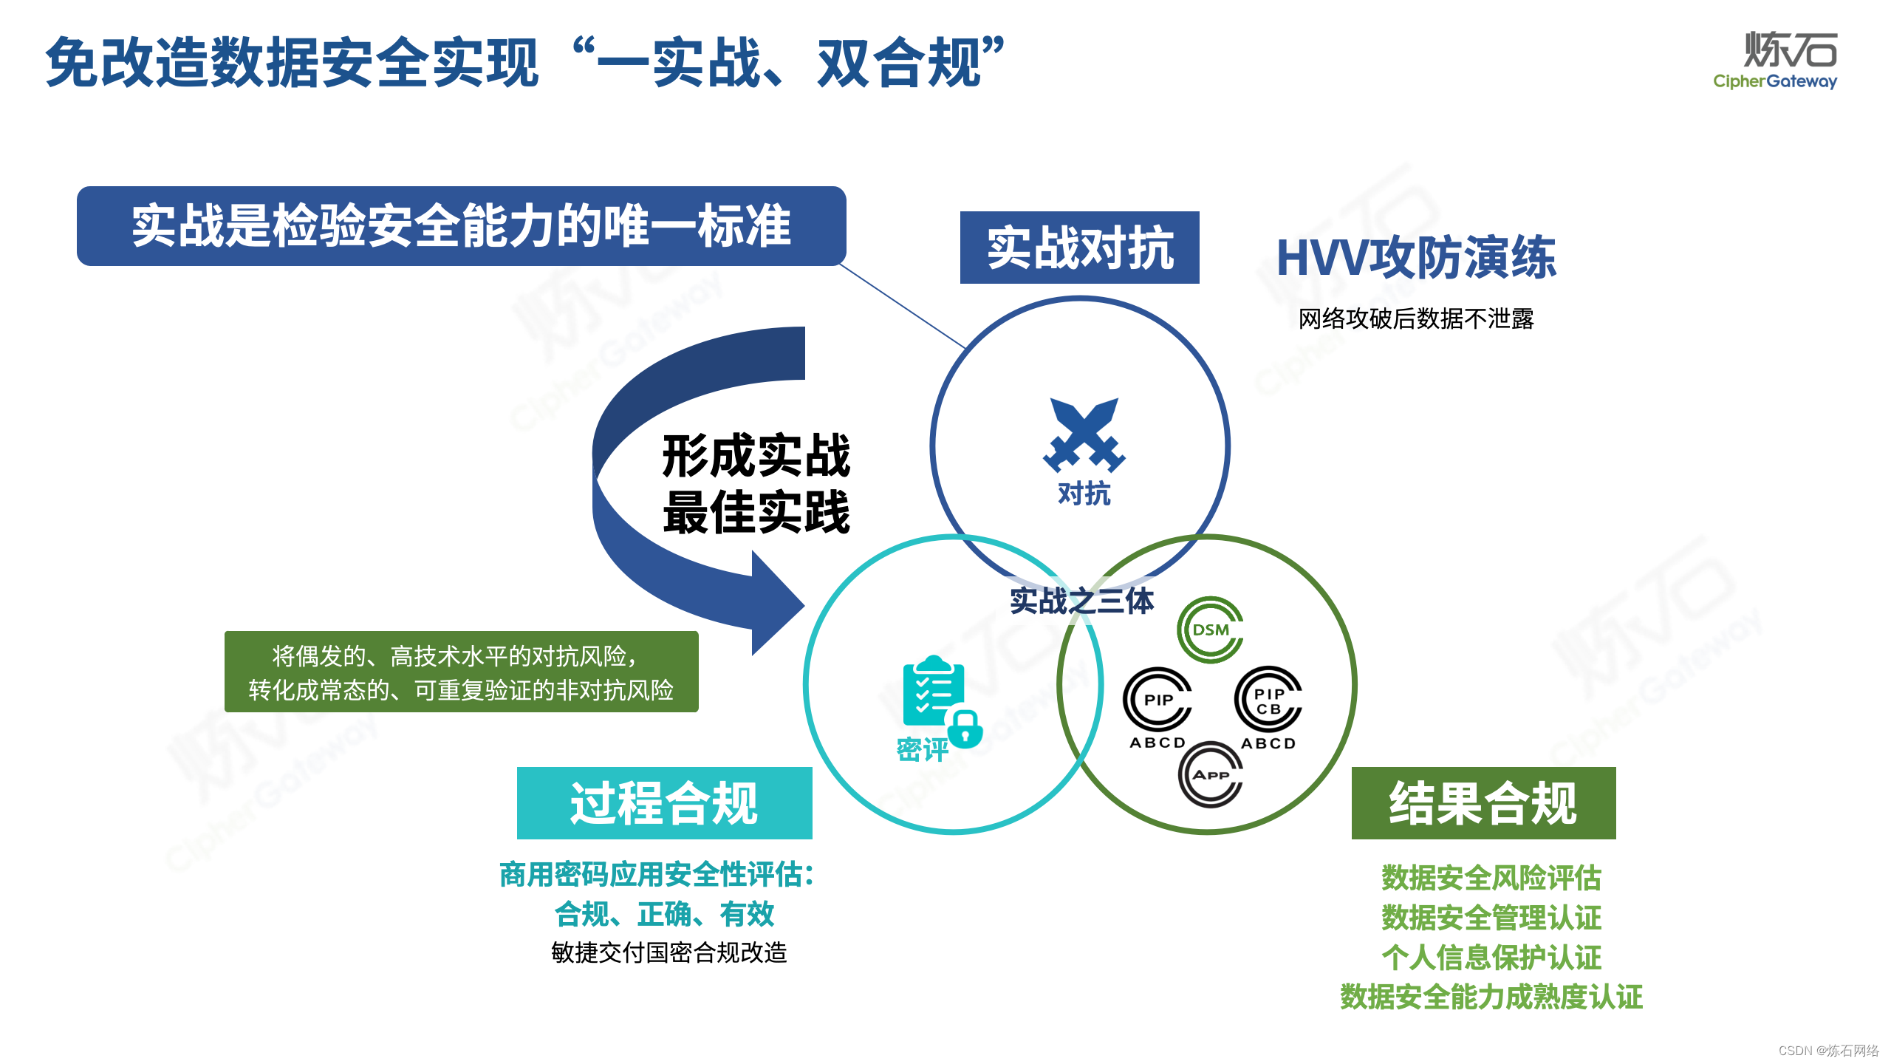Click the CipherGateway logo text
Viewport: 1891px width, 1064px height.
pos(1774,81)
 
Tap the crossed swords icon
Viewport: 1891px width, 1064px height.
pos(1084,435)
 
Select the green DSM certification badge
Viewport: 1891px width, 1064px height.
pos(1210,630)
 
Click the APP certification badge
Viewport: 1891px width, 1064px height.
pos(1210,774)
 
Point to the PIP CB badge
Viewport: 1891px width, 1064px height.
pos(1268,700)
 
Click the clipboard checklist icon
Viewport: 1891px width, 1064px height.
pos(932,691)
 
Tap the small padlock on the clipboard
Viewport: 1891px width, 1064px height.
pos(965,729)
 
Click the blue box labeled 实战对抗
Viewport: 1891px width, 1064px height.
pos(1079,248)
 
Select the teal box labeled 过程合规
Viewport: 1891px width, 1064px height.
pos(664,803)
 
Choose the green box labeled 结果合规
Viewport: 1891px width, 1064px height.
pos(1483,803)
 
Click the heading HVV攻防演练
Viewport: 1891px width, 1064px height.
pos(1416,258)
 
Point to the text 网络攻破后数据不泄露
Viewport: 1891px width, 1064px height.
pos(1416,318)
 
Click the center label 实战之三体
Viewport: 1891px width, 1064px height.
pos(1081,601)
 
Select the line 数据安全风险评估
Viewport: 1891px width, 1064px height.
pos(1491,878)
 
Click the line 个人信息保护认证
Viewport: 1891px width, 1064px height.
pos(1491,958)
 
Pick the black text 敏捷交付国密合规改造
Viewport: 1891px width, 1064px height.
pos(669,952)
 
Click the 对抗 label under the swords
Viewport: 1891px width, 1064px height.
pos(1084,494)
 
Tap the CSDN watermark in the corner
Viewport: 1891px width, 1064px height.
pos(1828,1051)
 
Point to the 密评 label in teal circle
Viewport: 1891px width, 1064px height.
pos(922,750)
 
